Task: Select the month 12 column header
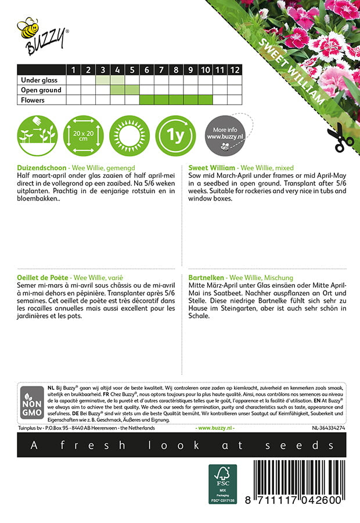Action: click(x=234, y=70)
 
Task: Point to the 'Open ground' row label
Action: click(x=41, y=90)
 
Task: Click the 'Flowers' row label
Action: click(x=33, y=100)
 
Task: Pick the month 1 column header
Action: click(x=74, y=70)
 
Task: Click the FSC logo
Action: click(x=223, y=483)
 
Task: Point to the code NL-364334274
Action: click(x=320, y=428)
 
